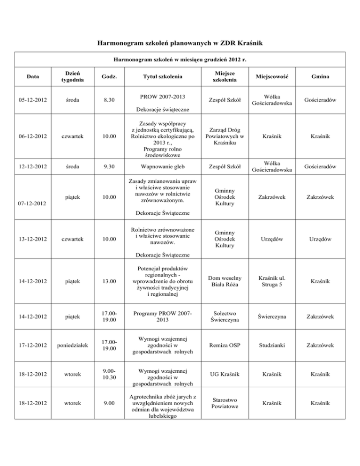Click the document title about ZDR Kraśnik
[180, 44]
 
